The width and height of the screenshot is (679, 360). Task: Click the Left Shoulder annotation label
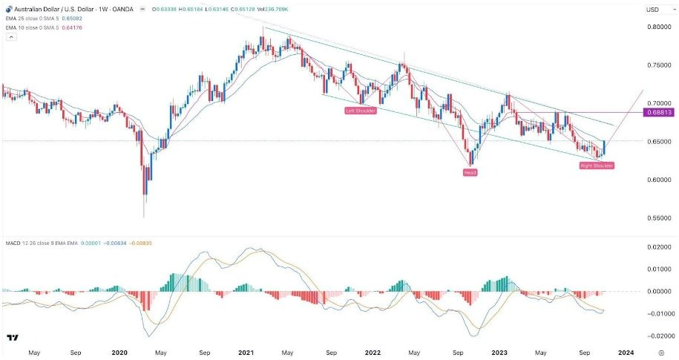(361, 111)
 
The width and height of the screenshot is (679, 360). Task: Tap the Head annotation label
(470, 172)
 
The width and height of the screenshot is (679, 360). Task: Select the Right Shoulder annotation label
(597, 166)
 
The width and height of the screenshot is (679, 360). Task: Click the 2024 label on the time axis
(625, 353)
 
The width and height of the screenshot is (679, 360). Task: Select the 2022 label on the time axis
(373, 353)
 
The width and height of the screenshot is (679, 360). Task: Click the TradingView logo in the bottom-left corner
(13, 338)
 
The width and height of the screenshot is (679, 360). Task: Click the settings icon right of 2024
(660, 353)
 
